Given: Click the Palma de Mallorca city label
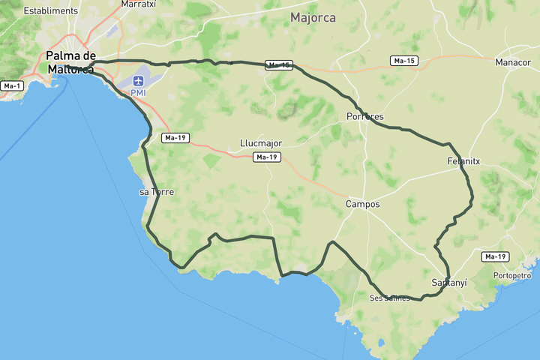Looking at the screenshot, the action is tap(70, 62).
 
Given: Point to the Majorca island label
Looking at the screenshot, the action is tap(313, 17).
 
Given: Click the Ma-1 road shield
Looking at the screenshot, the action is tap(12, 85).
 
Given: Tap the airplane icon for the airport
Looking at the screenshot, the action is tap(139, 80).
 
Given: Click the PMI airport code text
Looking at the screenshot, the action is tap(139, 92).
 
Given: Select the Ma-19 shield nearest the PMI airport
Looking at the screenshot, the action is tap(175, 138).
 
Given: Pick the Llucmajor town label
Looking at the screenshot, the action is tap(261, 142).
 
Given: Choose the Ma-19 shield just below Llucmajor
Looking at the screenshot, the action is tap(267, 157).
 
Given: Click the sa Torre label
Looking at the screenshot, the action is tap(157, 192).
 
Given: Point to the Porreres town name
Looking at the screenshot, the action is tap(365, 117).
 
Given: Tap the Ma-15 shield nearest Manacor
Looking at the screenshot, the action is tap(403, 60).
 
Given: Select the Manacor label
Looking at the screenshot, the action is tap(513, 62).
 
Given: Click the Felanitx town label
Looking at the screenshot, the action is tap(463, 161).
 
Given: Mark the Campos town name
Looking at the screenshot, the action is tap(362, 204).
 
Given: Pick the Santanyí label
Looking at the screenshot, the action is tap(449, 283).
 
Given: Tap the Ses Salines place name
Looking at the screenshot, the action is tap(390, 298).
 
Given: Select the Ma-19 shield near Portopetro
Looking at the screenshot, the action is tap(496, 256).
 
